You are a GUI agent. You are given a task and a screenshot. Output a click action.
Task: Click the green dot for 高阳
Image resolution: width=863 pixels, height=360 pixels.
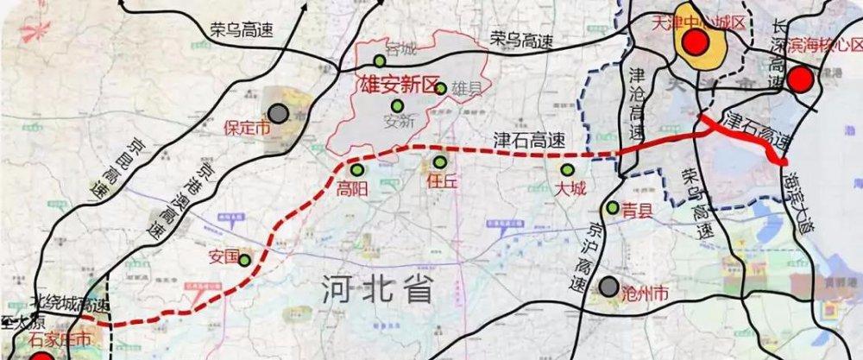pyautogui.click(x=356, y=169)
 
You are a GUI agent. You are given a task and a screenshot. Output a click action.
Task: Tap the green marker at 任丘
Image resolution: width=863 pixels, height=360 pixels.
pyautogui.click(x=440, y=162)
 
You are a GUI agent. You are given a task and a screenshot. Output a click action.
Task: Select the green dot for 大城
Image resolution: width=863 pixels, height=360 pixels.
pyautogui.click(x=568, y=170)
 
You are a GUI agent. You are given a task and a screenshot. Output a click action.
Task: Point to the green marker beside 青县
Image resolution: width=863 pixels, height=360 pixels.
pyautogui.click(x=612, y=207)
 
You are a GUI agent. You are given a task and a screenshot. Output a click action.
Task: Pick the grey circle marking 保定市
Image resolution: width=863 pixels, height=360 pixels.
pyautogui.click(x=278, y=112)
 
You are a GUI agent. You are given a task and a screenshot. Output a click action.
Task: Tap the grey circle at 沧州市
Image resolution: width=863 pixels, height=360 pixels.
pyautogui.click(x=610, y=287)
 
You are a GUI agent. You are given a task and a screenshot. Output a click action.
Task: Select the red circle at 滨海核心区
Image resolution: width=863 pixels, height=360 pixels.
pyautogui.click(x=800, y=80)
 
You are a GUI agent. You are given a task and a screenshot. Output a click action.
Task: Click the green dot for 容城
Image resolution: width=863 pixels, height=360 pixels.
pyautogui.click(x=380, y=60)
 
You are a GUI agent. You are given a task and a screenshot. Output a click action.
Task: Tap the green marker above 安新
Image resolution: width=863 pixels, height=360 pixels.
pyautogui.click(x=397, y=105)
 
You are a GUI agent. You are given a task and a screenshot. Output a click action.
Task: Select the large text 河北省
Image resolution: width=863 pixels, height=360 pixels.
pyautogui.click(x=374, y=289)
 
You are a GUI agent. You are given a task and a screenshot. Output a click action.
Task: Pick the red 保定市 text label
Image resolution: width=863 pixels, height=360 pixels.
pyautogui.click(x=247, y=128)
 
